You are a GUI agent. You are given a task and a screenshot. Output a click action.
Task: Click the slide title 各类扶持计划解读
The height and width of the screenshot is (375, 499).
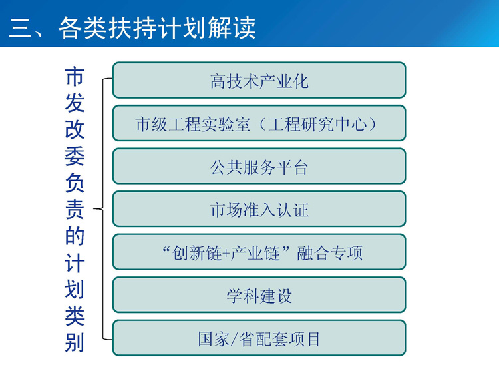tap(157, 28)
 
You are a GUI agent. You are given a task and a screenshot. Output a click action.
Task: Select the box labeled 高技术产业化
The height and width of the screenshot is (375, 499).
tap(259, 80)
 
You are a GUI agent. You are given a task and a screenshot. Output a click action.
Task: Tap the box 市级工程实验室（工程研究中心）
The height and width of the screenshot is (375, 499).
tap(259, 123)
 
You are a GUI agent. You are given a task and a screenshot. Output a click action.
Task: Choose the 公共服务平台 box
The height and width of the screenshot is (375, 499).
tap(259, 166)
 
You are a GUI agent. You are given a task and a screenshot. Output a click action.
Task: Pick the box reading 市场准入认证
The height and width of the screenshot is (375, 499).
tap(259, 209)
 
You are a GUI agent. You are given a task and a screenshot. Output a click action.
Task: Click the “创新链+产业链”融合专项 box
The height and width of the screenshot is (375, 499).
tap(259, 252)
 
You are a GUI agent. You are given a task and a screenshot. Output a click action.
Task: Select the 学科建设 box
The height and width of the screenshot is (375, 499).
tap(259, 295)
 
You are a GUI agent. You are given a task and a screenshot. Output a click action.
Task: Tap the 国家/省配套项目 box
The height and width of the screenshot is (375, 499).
tap(259, 338)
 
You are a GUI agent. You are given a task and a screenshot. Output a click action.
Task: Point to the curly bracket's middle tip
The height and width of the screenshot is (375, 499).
tap(94, 209)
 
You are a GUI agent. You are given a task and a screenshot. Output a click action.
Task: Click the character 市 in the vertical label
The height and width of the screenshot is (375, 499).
tap(75, 77)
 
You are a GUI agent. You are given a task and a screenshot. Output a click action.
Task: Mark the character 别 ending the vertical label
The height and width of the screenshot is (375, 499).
tap(75, 342)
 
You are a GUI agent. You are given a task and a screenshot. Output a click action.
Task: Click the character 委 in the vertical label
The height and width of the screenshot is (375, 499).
tap(75, 156)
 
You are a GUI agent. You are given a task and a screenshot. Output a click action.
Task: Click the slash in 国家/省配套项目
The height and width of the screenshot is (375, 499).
tap(234, 339)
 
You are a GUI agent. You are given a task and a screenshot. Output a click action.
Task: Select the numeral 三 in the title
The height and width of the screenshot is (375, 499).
tap(20, 28)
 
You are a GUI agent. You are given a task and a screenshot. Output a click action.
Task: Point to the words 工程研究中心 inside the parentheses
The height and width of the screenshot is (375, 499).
tap(317, 124)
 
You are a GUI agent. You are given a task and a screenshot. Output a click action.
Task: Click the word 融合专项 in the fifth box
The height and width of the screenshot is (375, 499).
tap(330, 253)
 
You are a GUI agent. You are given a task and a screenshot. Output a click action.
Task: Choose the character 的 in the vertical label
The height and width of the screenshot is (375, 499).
tap(75, 236)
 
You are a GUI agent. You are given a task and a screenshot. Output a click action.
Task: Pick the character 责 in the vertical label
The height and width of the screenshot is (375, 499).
tap(75, 209)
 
